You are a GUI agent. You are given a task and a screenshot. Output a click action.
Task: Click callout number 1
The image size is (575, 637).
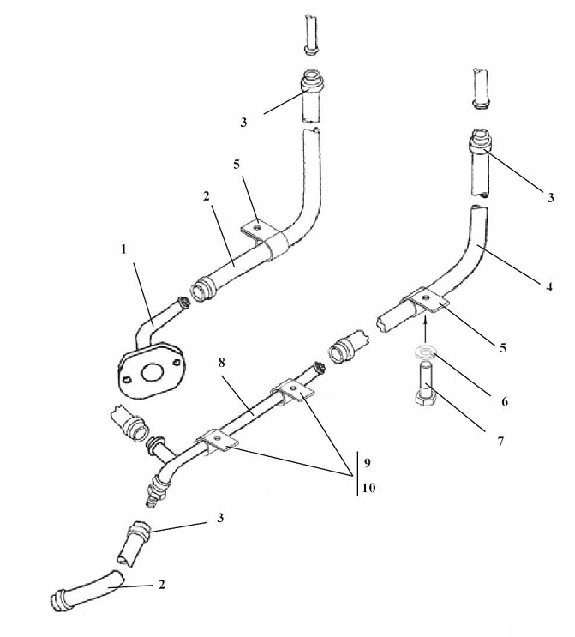(124, 249)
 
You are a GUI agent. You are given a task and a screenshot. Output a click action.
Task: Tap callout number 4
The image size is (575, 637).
(549, 287)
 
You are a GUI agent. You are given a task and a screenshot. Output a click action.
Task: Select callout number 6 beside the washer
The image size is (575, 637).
(505, 401)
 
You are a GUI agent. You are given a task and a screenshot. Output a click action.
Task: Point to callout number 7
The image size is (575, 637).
(500, 442)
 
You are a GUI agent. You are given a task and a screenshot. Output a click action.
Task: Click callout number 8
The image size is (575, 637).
(221, 363)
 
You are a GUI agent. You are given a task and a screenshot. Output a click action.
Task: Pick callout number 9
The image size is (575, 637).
(367, 463)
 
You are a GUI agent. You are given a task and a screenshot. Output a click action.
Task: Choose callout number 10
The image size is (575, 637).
(368, 488)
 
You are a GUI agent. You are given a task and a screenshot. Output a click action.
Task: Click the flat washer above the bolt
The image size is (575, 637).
(425, 352)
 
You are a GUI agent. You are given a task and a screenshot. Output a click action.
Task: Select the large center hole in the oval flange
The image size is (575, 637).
(152, 372)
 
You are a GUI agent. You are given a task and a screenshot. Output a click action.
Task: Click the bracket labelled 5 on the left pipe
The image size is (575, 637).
(264, 239)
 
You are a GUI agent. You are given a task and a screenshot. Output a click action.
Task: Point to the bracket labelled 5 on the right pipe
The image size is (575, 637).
(426, 302)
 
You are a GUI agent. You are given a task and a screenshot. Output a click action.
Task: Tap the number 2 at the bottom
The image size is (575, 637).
(162, 585)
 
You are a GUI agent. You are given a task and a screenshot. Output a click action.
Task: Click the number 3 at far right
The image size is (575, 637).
(550, 198)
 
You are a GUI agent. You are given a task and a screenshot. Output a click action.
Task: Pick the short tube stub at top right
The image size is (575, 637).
(481, 88)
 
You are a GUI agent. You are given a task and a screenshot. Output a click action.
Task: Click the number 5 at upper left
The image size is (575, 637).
(237, 165)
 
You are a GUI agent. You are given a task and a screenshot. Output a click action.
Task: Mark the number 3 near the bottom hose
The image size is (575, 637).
(220, 518)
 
